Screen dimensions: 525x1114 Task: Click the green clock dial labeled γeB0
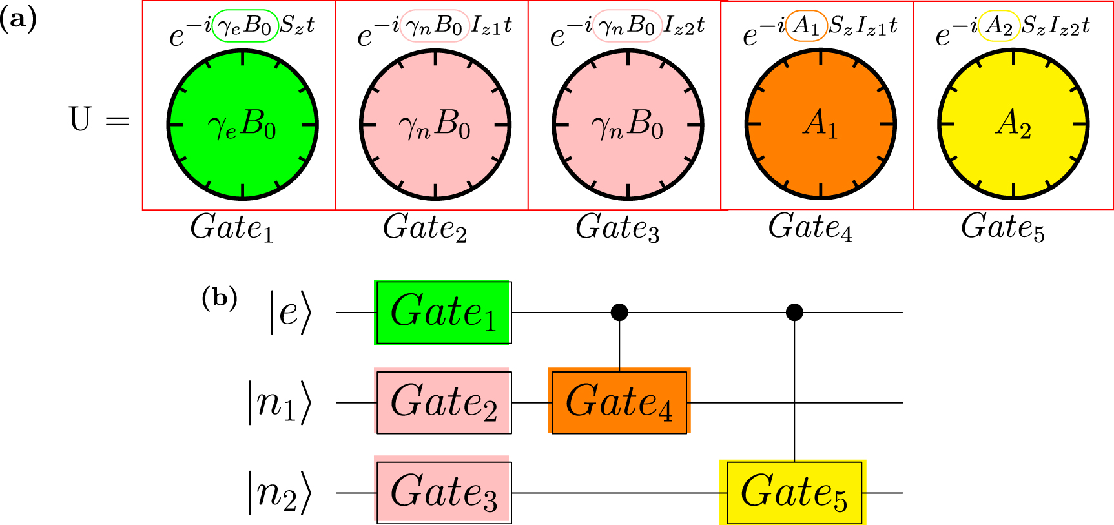[x=242, y=124]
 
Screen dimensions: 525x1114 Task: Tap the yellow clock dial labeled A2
[x=1013, y=124]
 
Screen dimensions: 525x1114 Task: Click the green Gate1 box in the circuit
[x=443, y=313]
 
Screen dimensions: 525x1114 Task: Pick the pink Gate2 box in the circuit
[x=443, y=402]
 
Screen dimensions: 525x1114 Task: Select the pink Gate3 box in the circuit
[x=443, y=492]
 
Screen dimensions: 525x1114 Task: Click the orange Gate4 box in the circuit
[x=619, y=402]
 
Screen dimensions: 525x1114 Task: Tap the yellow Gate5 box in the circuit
[x=794, y=492]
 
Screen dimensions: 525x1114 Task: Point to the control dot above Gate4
[x=619, y=313]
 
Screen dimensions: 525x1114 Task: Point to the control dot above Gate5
[x=794, y=313]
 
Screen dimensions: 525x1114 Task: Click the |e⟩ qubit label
[x=291, y=313]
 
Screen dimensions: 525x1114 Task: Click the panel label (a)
[x=19, y=19]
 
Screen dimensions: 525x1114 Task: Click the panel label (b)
[x=220, y=298]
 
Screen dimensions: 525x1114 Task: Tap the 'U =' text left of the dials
[x=99, y=120]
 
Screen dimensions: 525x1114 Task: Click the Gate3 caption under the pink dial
[x=617, y=228]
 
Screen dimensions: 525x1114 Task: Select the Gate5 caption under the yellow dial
[x=1002, y=228]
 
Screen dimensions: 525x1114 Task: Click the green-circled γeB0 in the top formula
[x=245, y=26]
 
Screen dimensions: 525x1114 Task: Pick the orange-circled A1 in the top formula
[x=806, y=26]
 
